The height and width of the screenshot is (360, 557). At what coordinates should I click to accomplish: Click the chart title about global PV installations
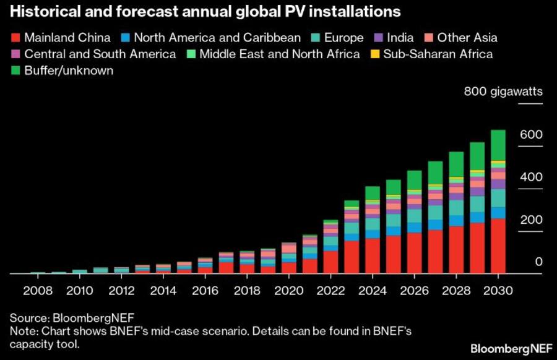(204, 12)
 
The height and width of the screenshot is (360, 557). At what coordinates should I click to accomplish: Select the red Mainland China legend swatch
(15, 38)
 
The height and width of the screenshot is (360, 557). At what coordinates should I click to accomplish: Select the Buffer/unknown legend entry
(69, 71)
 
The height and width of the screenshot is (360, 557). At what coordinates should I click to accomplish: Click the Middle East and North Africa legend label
(279, 54)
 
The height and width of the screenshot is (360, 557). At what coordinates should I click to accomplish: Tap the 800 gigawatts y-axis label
(503, 92)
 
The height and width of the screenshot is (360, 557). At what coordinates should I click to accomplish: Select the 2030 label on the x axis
(498, 290)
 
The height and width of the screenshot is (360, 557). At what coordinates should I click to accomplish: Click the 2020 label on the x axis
(289, 290)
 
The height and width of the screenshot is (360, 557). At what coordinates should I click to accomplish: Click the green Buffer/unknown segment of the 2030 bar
(498, 145)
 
